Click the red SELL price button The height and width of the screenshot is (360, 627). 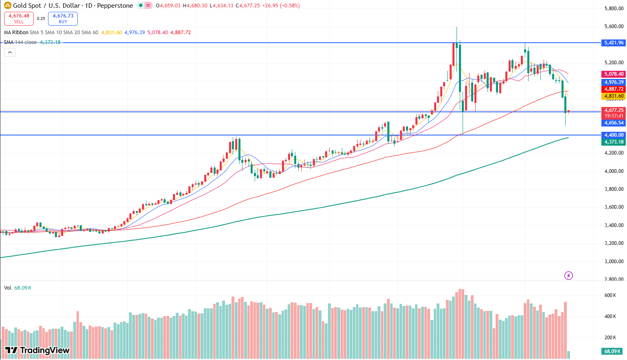click(19, 18)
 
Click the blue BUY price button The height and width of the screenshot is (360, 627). click(63, 18)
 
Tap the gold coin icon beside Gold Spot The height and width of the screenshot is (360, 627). click(7, 5)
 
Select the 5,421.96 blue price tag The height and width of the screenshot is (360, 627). click(614, 43)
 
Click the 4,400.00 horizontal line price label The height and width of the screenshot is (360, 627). click(614, 135)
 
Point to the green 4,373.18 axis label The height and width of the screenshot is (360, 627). click(614, 142)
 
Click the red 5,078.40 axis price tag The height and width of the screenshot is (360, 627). click(614, 74)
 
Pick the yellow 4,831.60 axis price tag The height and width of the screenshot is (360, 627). click(614, 96)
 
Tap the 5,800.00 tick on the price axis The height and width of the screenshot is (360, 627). click(614, 9)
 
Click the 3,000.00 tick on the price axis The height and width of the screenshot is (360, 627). click(614, 261)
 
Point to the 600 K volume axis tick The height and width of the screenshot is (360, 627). click(610, 295)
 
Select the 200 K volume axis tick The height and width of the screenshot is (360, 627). click(610, 338)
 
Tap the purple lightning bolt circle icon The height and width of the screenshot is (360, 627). click(568, 276)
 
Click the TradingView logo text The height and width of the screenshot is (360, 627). click(37, 350)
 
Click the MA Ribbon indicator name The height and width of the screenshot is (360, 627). click(16, 33)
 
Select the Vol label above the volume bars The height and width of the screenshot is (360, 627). click(7, 288)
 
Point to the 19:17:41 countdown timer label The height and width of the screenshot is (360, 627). click(614, 116)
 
